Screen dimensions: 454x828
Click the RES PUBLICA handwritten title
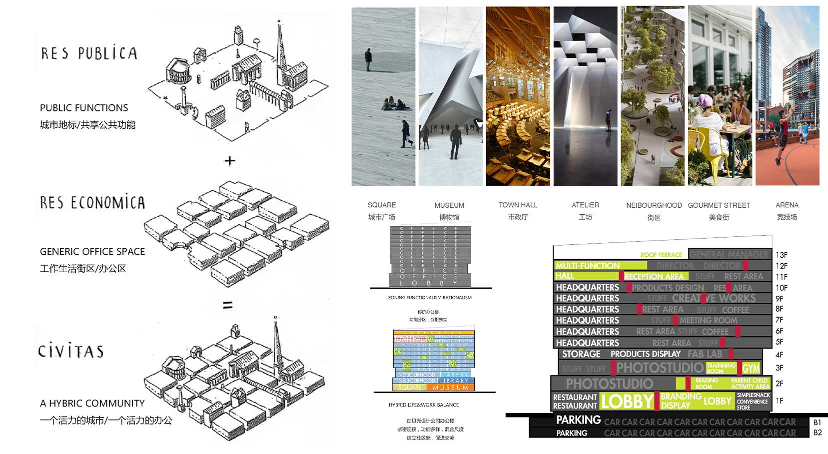coord(89,53)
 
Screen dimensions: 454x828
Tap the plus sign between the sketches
coord(229,161)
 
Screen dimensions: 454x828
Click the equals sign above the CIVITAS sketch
coord(228,305)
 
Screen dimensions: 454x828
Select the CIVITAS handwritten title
coord(71,351)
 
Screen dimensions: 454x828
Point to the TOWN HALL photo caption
coord(518,205)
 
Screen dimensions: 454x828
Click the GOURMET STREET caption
coord(719,205)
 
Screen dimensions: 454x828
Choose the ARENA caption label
coord(787,205)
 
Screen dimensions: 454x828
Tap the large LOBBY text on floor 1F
coord(627,402)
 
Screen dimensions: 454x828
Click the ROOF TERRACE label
coord(661,255)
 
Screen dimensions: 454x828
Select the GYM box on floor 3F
coord(751,369)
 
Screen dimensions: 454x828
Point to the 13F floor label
coord(782,255)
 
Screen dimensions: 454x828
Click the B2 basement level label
coord(818,433)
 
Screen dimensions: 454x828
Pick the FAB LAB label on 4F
coord(705,354)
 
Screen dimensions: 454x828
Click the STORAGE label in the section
coord(581,354)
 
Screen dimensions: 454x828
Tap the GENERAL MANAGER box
coord(729,254)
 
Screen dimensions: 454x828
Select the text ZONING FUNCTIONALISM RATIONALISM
coord(430,298)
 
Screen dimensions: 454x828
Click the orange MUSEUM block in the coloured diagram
coord(451,387)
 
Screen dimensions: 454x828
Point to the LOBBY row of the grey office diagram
coord(429,283)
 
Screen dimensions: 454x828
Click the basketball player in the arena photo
coord(780,135)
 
